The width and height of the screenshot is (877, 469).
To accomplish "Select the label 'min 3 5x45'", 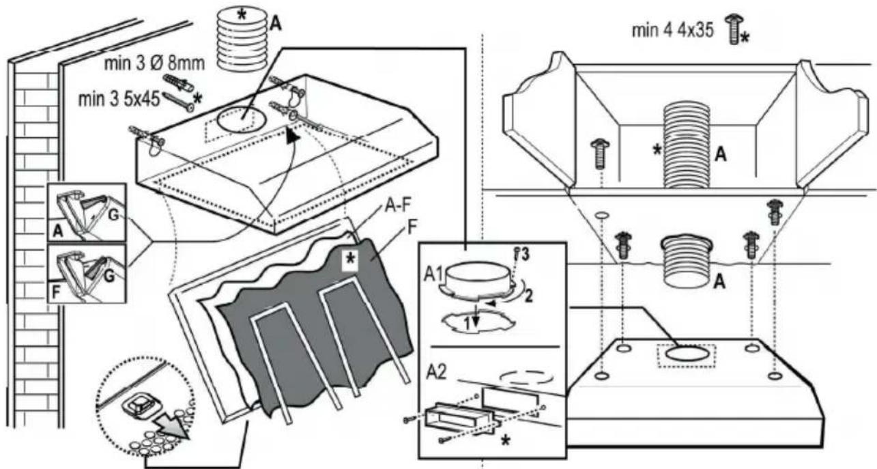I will click(x=119, y=100).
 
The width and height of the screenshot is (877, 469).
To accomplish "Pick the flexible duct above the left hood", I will click(x=241, y=41).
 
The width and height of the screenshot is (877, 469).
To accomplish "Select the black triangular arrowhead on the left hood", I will click(x=293, y=139).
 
